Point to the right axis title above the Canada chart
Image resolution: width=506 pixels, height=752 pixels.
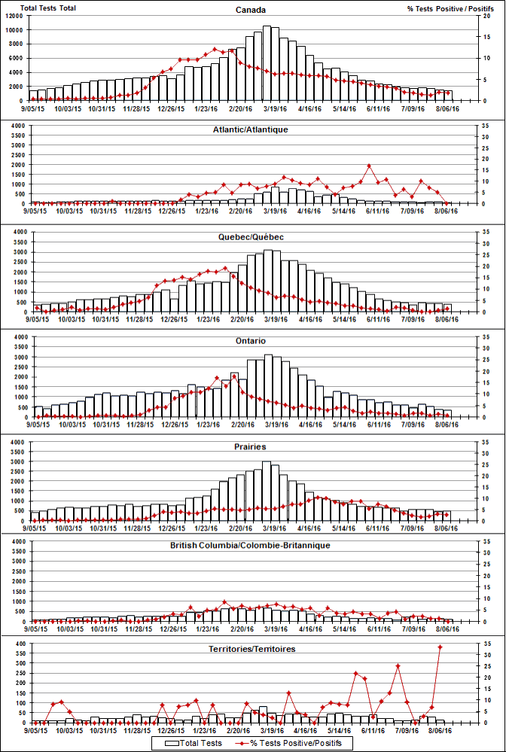coord(450,8)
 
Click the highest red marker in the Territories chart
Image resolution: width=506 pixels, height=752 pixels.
coord(440,647)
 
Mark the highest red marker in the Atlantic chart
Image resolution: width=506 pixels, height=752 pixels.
coord(370,166)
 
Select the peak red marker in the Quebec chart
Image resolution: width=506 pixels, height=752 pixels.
coord(225,268)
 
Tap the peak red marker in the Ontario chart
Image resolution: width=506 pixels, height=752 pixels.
coord(234,376)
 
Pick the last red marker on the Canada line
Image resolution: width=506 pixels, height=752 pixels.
coord(448,93)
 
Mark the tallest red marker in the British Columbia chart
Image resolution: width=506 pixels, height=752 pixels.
coord(225,601)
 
